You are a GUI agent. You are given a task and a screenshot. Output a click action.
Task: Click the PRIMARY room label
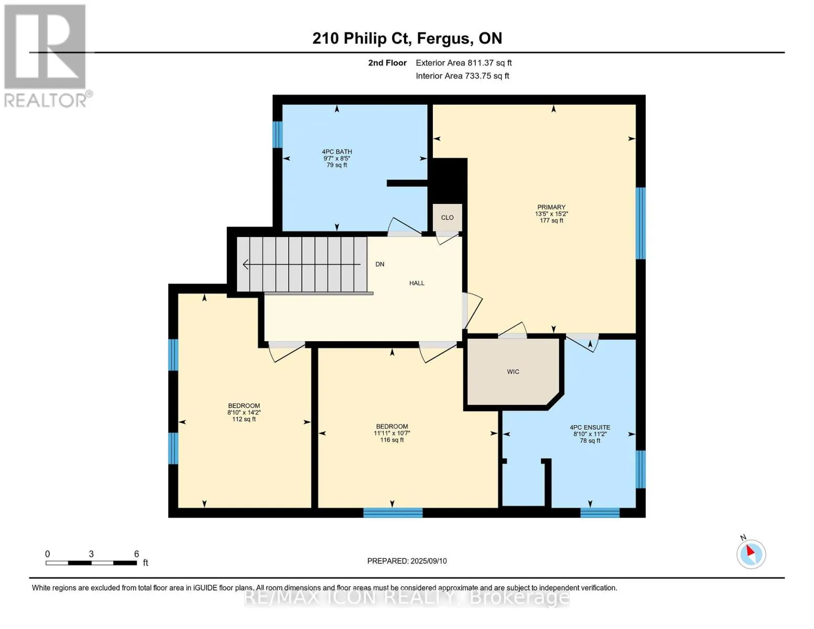[551, 207]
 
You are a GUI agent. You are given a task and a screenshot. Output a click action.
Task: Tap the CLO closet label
[447, 218]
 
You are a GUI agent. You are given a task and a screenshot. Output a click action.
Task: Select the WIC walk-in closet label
[513, 372]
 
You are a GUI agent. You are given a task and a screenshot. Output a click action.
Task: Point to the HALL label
[417, 283]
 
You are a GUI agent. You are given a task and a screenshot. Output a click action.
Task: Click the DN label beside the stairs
[380, 264]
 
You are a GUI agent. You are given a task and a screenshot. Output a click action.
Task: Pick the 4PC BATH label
[337, 151]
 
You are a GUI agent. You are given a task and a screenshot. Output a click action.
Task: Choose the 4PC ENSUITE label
[590, 427]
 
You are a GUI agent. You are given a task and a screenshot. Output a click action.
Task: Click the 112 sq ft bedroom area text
[244, 419]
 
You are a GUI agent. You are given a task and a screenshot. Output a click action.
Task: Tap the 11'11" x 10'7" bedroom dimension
[392, 433]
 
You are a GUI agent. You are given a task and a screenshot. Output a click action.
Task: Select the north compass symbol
[751, 554]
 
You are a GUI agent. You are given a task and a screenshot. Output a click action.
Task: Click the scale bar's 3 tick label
[91, 554]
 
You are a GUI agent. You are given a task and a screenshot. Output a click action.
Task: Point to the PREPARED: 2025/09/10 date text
[407, 561]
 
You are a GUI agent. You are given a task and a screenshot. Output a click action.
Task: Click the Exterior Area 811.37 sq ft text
[463, 63]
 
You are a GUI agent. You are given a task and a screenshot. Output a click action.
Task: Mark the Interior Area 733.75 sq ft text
[462, 76]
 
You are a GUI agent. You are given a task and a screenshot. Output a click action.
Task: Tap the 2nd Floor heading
[387, 63]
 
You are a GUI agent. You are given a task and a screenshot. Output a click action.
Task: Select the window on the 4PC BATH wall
[277, 135]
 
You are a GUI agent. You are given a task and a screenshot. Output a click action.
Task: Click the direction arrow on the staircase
[301, 265]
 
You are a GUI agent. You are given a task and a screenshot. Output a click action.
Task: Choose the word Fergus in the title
[444, 38]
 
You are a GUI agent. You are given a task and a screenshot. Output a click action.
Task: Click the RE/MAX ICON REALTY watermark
[407, 598]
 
